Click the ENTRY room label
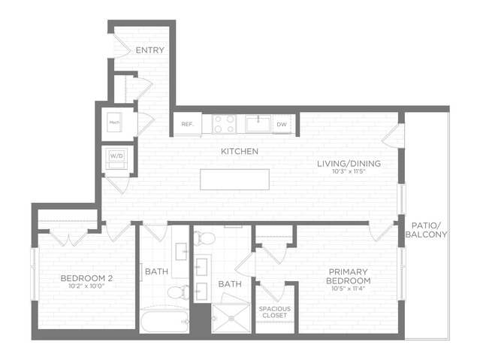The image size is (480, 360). coord(150,50)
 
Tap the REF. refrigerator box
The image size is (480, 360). coord(188,124)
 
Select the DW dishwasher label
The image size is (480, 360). coord(282,125)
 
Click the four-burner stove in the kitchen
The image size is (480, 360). coord(225,124)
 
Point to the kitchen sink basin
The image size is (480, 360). coord(258,124)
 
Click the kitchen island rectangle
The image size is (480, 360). coord(235,179)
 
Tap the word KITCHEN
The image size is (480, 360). coord(240,151)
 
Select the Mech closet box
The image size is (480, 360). coord(114,123)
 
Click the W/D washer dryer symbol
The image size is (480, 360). coord(116,158)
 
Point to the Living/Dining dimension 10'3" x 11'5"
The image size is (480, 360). coord(349,171)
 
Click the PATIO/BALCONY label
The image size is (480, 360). coord(426,230)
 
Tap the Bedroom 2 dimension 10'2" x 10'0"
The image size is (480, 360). coord(87,286)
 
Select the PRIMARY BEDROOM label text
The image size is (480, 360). coord(349,276)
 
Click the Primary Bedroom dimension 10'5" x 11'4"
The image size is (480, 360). coord(349,289)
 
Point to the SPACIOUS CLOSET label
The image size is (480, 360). coord(275,312)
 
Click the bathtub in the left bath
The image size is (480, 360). coord(165,322)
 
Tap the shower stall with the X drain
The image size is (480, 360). coord(231,319)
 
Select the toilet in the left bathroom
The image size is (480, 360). coord(179,292)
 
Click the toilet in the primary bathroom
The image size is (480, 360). coord(204,238)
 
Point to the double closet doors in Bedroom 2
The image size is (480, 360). coord(69,237)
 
